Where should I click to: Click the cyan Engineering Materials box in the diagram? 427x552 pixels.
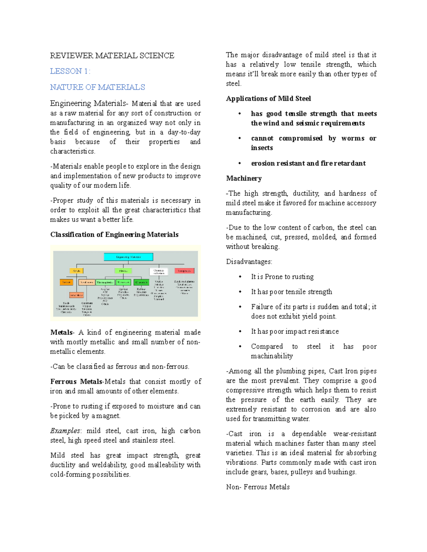coord(128,257)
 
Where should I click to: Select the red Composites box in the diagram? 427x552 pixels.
coord(184,271)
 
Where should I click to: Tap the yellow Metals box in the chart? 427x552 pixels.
coord(77,271)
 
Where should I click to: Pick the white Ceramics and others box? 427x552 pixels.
coord(159,272)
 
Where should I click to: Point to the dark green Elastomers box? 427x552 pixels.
coord(141,282)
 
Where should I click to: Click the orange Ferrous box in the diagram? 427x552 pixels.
coord(67,282)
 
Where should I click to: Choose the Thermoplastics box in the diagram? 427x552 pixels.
coord(105,282)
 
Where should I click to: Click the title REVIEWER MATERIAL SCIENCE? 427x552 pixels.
coord(112,55)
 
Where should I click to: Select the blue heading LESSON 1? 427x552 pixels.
coord(70,71)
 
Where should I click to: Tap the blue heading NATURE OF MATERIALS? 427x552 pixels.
coord(97,87)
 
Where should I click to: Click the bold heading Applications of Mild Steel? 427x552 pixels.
coord(268,98)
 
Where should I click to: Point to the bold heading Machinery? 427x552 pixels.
coord(244,178)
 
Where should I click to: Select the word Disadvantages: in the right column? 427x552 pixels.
coord(249,262)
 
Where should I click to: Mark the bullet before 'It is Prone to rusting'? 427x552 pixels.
coord(240,277)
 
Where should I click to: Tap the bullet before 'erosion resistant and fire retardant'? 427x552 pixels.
coord(240,163)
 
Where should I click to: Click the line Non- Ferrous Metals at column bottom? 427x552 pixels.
coord(258,487)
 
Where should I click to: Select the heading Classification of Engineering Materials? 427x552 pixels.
coord(114,235)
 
